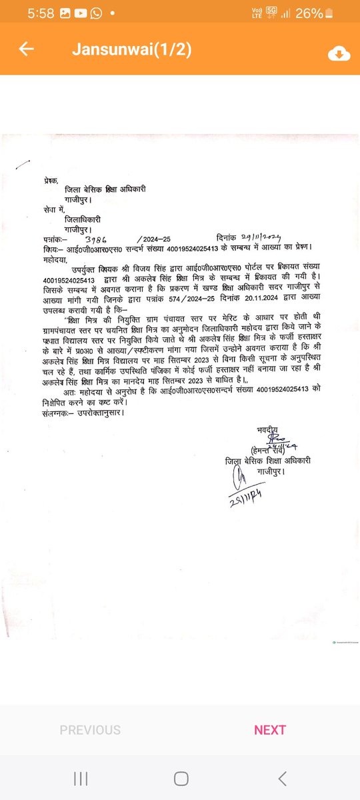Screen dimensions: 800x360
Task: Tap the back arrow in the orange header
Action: [27, 51]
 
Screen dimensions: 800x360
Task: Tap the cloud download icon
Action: [339, 54]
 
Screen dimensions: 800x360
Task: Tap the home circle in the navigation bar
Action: [181, 778]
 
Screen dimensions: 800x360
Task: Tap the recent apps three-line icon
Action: [81, 778]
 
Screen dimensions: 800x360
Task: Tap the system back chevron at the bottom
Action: [283, 778]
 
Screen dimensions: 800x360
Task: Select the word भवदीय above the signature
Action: [266, 429]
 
